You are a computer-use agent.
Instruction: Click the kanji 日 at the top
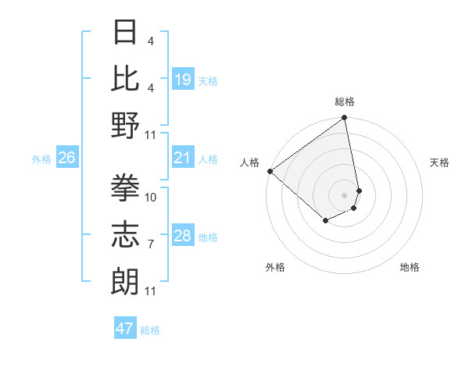125,34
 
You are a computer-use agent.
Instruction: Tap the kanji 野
125,126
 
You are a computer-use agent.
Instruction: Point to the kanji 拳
125,187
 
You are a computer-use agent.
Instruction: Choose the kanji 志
125,233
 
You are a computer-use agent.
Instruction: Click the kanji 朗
125,280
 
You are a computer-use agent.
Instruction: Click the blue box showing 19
183,79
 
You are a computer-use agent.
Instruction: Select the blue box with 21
183,159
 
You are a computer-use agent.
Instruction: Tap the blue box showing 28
183,236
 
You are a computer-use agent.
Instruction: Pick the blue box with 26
67,159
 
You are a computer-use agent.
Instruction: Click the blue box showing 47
125,329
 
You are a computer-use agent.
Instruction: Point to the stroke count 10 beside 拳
152,197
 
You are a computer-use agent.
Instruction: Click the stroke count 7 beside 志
150,244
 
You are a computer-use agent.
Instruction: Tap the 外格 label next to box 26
41,159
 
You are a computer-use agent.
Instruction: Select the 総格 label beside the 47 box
150,330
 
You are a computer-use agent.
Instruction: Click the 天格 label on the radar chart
440,162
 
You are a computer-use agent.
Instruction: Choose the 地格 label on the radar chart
410,267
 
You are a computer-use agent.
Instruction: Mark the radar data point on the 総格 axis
343,119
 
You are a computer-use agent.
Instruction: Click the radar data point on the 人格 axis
270,171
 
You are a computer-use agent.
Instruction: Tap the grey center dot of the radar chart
344,194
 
